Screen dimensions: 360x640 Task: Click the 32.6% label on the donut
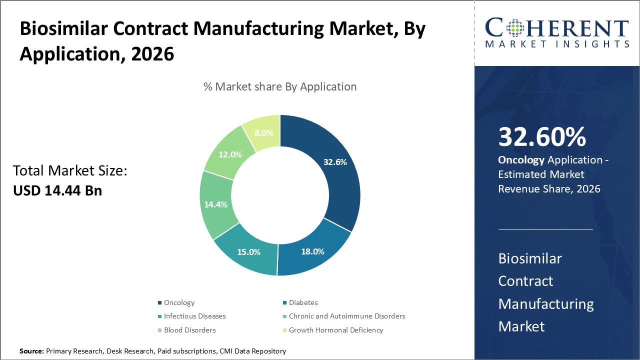[334, 162]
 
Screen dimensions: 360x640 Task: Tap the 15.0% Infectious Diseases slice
[248, 252]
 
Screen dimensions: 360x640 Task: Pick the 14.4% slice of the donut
[215, 204]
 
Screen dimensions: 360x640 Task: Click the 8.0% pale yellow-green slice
[263, 133]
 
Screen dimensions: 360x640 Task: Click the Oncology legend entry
[178, 302]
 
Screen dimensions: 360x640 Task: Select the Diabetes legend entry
[303, 302]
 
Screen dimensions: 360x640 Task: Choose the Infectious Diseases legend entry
[194, 316]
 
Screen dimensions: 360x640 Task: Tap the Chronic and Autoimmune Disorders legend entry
[346, 316]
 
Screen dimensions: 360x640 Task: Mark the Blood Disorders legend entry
[189, 330]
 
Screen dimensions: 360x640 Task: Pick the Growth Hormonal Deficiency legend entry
[335, 330]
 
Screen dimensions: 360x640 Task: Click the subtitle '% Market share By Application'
[280, 86]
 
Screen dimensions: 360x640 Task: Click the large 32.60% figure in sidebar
[542, 137]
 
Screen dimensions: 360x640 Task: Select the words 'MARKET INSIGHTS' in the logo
[556, 44]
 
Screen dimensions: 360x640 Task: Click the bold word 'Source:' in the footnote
[31, 351]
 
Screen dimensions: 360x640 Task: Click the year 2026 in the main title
[152, 53]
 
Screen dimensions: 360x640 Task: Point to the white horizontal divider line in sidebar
[545, 229]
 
